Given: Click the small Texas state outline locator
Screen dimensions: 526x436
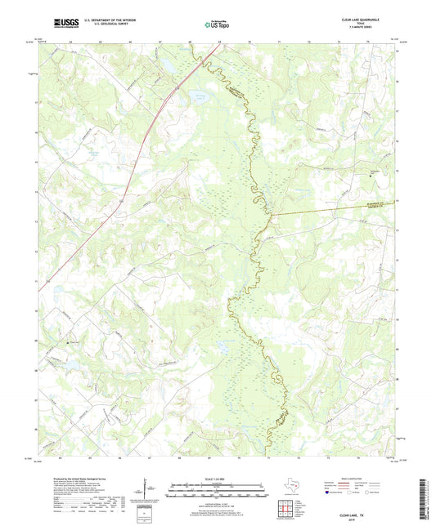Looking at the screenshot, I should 294,489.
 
